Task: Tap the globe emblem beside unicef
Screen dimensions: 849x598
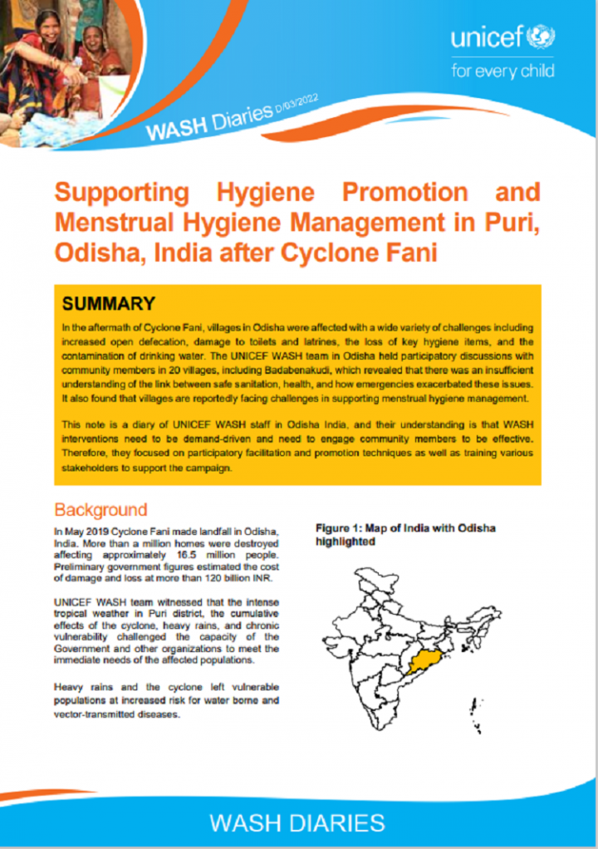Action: click(x=546, y=37)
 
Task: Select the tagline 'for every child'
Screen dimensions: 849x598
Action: click(x=502, y=71)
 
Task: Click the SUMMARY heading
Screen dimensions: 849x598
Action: click(x=109, y=303)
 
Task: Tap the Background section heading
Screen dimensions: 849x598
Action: click(x=100, y=509)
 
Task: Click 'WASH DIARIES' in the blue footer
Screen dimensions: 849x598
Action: click(x=297, y=822)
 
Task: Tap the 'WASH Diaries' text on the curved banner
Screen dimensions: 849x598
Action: click(x=209, y=122)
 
